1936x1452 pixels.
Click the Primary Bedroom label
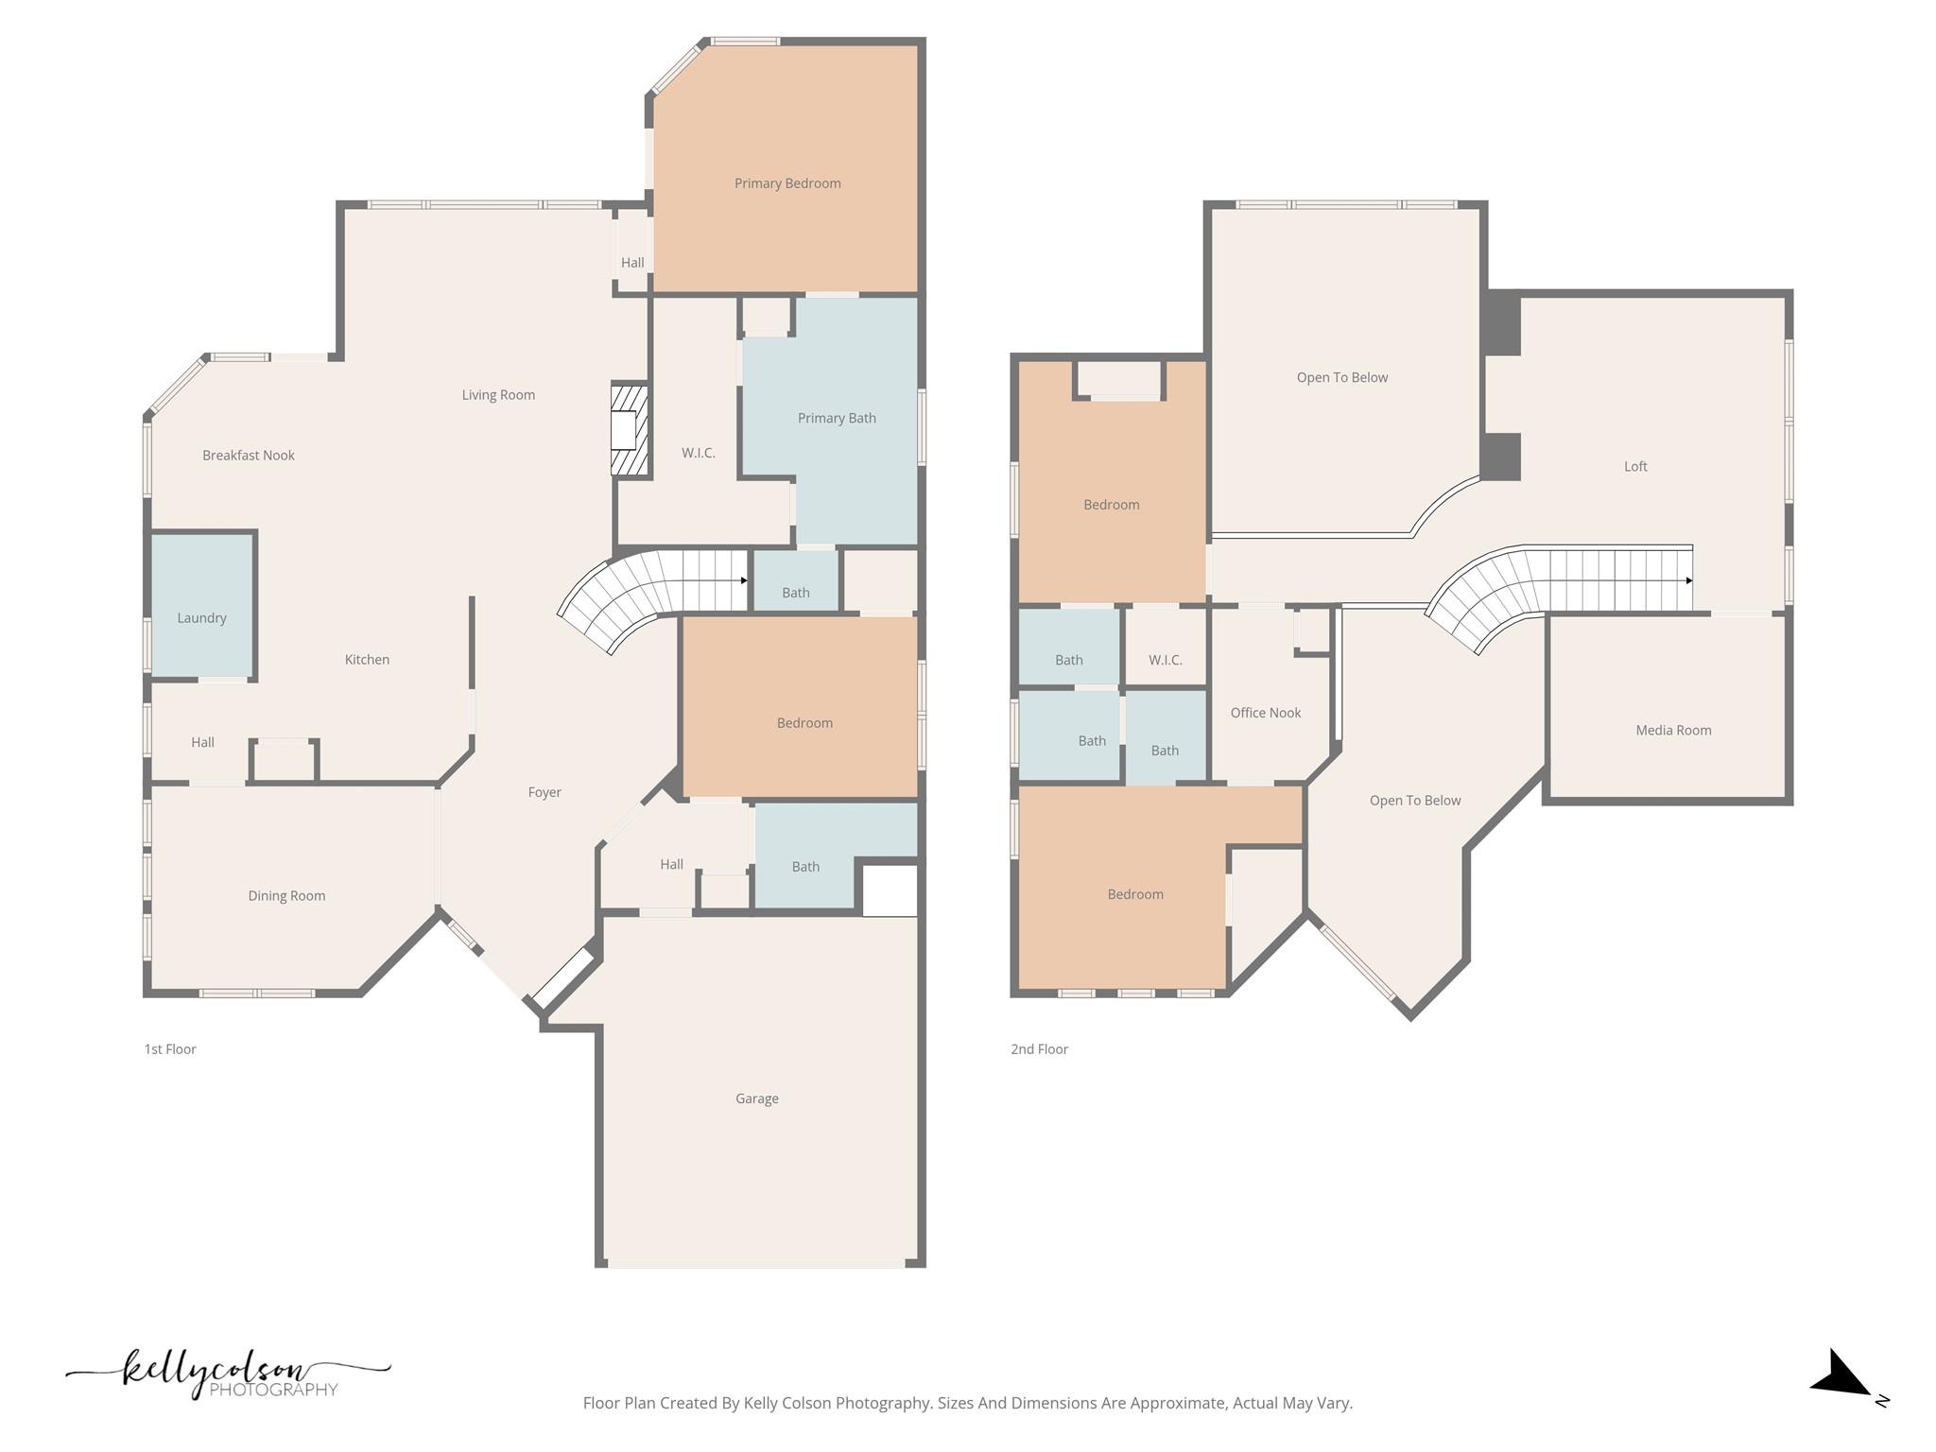(x=787, y=183)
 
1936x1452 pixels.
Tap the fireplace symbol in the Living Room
(x=628, y=430)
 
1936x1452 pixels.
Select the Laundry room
(x=201, y=606)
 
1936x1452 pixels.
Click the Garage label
(x=756, y=1098)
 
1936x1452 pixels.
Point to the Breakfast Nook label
(x=249, y=456)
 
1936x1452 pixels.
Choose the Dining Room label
(x=286, y=896)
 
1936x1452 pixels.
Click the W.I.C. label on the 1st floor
(x=698, y=453)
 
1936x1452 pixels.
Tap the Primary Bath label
(x=837, y=418)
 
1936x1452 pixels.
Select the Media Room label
(x=1673, y=730)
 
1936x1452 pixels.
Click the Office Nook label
(x=1265, y=713)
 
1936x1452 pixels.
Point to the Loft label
(x=1635, y=466)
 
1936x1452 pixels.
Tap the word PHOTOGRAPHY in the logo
(x=273, y=1390)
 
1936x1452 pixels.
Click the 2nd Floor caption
(x=1039, y=1049)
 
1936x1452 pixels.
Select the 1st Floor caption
(x=170, y=1049)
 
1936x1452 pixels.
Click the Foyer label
(x=544, y=792)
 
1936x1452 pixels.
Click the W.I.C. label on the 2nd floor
(x=1165, y=660)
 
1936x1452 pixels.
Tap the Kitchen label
(x=367, y=660)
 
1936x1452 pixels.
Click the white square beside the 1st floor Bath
(x=890, y=890)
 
